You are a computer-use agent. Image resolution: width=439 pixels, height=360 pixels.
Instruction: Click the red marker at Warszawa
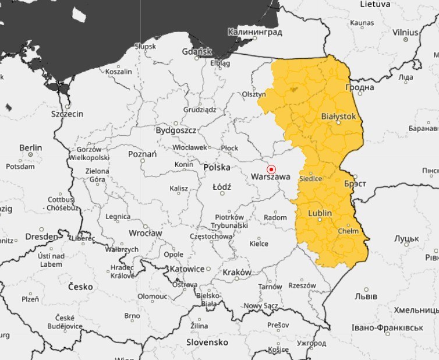click(271, 168)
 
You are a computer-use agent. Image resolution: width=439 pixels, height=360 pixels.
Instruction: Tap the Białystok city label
click(338, 117)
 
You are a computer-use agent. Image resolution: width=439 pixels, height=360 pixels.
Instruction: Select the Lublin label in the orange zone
click(320, 213)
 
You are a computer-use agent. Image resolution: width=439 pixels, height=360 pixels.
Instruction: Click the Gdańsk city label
click(196, 52)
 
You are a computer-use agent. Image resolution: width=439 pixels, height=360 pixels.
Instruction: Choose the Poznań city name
click(142, 154)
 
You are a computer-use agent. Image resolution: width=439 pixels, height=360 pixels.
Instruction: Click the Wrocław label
click(146, 232)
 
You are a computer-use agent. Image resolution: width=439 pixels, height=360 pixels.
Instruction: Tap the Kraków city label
click(237, 272)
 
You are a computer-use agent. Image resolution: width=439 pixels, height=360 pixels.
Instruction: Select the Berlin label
click(30, 148)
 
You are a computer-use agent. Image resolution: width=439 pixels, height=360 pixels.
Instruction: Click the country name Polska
click(217, 167)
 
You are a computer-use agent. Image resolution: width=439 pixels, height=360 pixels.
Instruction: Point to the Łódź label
click(221, 187)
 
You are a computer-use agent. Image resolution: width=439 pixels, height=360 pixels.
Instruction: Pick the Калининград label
click(255, 32)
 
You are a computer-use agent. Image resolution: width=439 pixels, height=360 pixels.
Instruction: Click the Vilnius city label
click(405, 32)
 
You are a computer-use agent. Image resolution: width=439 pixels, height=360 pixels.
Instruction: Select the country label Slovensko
click(207, 342)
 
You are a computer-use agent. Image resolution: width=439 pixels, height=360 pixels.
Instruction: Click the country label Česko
click(80, 287)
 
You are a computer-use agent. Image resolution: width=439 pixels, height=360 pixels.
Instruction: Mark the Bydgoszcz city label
click(176, 130)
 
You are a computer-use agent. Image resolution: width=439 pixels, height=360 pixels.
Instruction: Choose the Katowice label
click(186, 269)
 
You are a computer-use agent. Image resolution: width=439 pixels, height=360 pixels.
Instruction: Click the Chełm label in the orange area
click(349, 231)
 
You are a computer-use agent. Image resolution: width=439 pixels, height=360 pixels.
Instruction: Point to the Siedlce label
click(310, 178)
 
